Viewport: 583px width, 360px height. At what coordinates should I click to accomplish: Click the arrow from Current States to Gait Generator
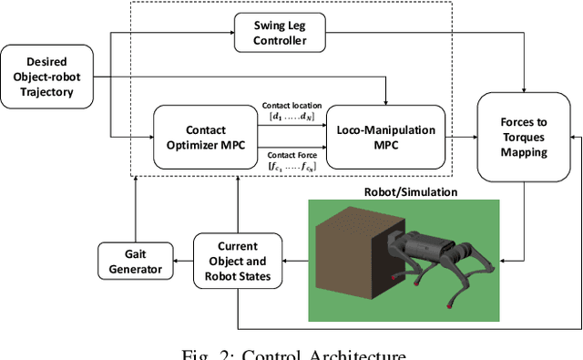179,262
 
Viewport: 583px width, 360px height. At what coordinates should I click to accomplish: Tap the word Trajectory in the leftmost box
47,90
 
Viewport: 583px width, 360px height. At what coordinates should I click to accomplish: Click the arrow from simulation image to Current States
295,260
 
